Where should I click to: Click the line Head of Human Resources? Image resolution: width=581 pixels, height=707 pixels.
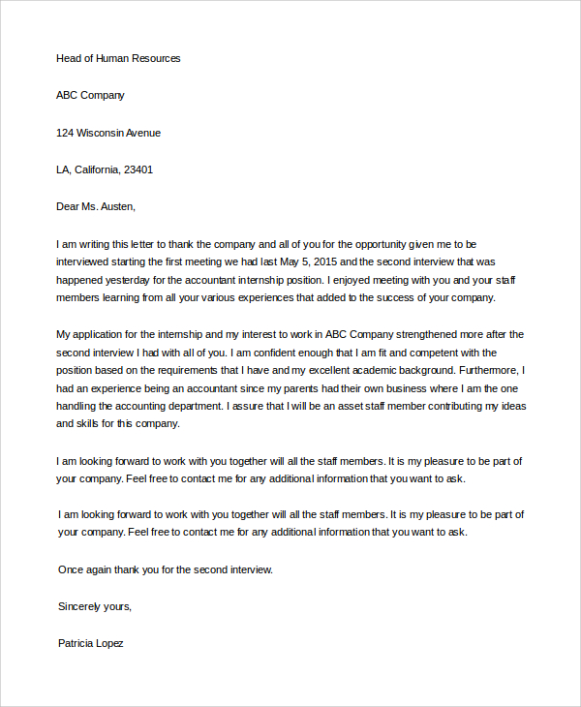118,58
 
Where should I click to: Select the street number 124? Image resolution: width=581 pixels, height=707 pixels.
66,133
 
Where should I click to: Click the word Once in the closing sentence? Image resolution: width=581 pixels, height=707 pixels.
73,569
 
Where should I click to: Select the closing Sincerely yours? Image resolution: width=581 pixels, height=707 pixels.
94,606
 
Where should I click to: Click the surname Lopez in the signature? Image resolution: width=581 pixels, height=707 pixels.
106,643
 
